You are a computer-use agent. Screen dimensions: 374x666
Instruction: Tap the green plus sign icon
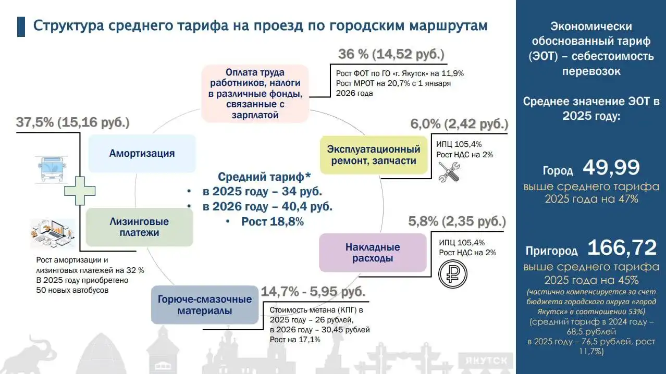tap(79, 191)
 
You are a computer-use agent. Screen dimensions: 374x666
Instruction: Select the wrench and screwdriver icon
tap(449, 172)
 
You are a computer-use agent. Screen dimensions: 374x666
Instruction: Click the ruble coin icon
tap(452, 273)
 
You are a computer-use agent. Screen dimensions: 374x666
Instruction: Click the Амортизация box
tap(142, 153)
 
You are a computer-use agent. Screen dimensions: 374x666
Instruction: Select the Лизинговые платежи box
tap(139, 227)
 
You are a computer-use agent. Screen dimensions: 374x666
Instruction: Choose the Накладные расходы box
tap(372, 253)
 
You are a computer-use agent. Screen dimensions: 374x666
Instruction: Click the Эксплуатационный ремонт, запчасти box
tap(374, 155)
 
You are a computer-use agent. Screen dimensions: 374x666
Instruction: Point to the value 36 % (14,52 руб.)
tap(391, 55)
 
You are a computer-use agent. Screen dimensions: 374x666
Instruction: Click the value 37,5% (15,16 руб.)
tap(72, 123)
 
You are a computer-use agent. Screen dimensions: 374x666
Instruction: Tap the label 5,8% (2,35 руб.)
tap(457, 222)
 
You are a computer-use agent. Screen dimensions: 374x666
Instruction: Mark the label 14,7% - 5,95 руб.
tap(313, 291)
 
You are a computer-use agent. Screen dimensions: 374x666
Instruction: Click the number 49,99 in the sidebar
tap(611, 168)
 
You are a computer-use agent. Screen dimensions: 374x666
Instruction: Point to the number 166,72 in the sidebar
tap(622, 247)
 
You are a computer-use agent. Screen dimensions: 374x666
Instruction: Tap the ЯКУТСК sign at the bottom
tap(484, 360)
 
